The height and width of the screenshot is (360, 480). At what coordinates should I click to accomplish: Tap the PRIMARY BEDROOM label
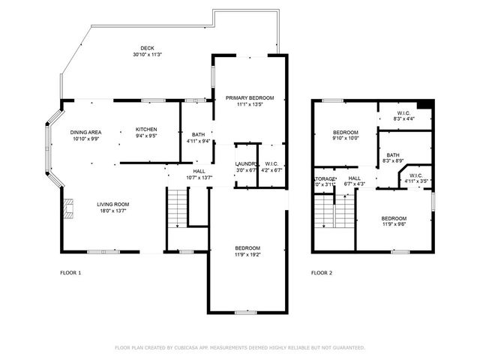pos(250,98)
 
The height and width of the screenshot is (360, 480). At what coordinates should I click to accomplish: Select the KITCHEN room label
pos(146,129)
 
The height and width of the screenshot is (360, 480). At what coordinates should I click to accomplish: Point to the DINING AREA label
pos(86,132)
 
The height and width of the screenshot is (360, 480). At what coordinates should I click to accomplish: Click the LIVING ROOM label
pos(112,204)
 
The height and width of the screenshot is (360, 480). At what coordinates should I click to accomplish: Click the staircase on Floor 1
pos(176,208)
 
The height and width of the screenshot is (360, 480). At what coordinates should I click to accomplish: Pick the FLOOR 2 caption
pos(322,273)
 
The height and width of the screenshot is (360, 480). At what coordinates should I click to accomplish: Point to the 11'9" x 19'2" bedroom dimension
pos(247,255)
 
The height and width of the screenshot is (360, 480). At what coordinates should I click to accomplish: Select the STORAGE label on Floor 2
pos(324,178)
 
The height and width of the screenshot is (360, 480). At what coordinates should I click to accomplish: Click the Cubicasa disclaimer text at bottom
pos(240,348)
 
